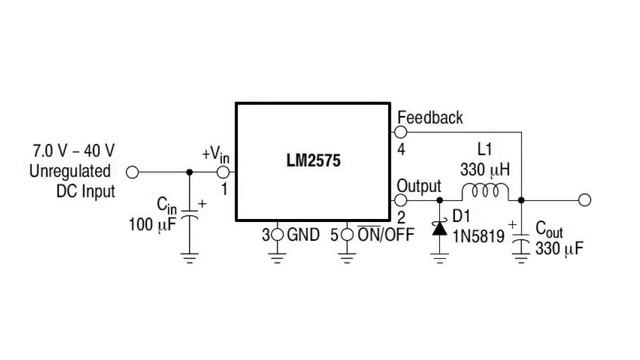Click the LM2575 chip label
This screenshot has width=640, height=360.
(x=313, y=160)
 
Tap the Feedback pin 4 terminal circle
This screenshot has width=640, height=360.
(x=401, y=132)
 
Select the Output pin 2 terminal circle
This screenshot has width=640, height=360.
(x=401, y=200)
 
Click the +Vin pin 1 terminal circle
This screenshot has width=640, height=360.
(x=223, y=172)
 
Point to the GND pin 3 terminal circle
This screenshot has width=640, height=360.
(x=277, y=235)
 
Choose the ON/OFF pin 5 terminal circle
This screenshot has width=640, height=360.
(x=347, y=235)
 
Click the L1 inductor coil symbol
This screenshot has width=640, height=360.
(x=485, y=191)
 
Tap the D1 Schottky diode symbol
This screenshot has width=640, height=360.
(x=440, y=228)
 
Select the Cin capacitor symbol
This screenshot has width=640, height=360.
(x=189, y=214)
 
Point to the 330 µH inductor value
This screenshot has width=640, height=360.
(x=485, y=169)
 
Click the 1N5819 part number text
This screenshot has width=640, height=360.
(x=478, y=236)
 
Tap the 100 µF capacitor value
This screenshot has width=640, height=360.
(x=152, y=224)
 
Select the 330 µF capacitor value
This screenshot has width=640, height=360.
(x=559, y=248)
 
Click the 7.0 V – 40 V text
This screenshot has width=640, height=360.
(x=74, y=151)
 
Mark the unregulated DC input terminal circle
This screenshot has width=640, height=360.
(x=132, y=172)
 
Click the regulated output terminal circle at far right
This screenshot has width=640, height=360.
(x=584, y=200)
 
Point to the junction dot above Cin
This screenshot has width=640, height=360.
(x=189, y=172)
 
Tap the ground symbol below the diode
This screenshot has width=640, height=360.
(x=440, y=258)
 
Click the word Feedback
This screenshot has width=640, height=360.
(x=430, y=118)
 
